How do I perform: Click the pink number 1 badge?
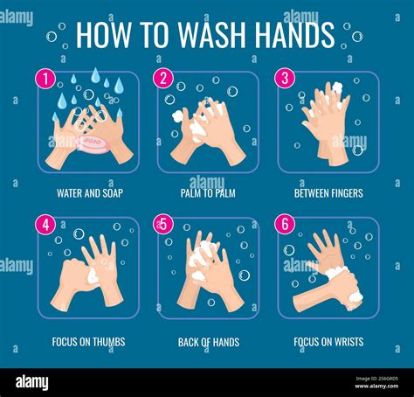click(x=45, y=78)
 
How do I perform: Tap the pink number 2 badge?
click(x=163, y=78)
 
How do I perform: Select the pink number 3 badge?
click(x=284, y=78)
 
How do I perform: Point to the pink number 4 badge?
click(x=45, y=224)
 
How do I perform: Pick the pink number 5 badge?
click(x=163, y=224)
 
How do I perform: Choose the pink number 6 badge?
click(x=284, y=224)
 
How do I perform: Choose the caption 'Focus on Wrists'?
click(x=328, y=340)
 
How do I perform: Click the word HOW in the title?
click(x=103, y=34)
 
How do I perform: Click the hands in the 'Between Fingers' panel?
click(x=328, y=122)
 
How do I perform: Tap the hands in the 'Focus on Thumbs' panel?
click(x=87, y=271)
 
